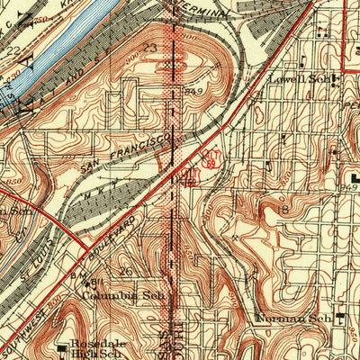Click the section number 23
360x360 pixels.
[149, 49]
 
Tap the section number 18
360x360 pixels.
[285, 209]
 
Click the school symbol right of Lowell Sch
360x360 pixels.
[335, 80]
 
